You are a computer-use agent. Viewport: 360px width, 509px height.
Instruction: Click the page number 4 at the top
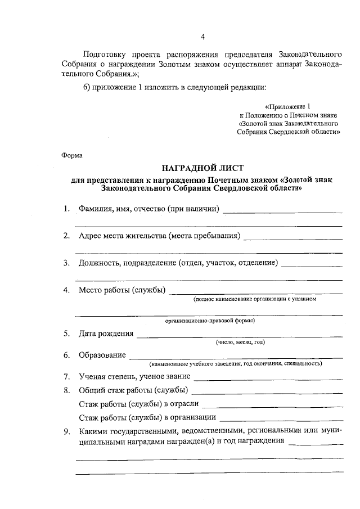tap(202, 38)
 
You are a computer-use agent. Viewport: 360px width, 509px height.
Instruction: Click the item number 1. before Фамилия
tap(66, 210)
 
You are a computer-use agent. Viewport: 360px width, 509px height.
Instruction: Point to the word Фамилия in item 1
tap(97, 210)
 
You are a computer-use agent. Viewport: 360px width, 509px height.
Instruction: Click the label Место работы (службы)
tap(122, 290)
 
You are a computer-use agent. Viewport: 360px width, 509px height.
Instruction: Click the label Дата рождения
tap(106, 334)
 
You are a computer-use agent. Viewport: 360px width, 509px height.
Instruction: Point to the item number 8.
tap(66, 391)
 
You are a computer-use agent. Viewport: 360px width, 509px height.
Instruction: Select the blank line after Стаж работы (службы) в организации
tap(282, 420)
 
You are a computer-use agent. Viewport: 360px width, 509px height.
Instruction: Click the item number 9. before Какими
tap(66, 432)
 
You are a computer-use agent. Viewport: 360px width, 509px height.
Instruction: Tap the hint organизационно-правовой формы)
tap(210, 321)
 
